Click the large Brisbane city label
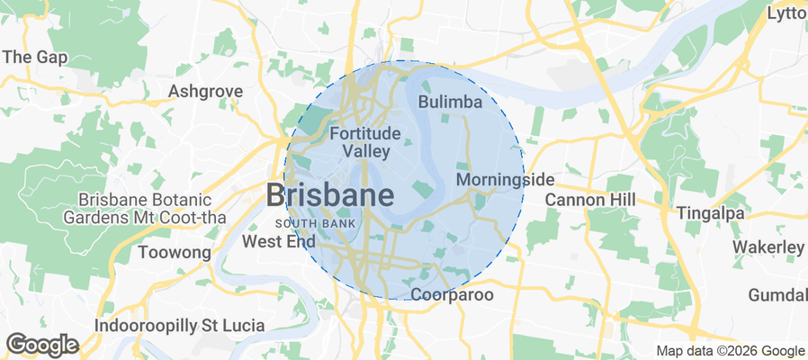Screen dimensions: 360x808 point(329,195)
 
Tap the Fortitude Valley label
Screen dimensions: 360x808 point(365,142)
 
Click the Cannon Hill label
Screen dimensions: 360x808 point(590,199)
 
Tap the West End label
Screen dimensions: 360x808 point(279,242)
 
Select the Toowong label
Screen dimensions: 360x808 point(174,253)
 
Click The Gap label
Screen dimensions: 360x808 point(30,57)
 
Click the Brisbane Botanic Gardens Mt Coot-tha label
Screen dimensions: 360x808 point(144,208)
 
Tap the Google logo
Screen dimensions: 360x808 point(42,344)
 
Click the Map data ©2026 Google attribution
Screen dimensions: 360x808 point(730,351)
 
